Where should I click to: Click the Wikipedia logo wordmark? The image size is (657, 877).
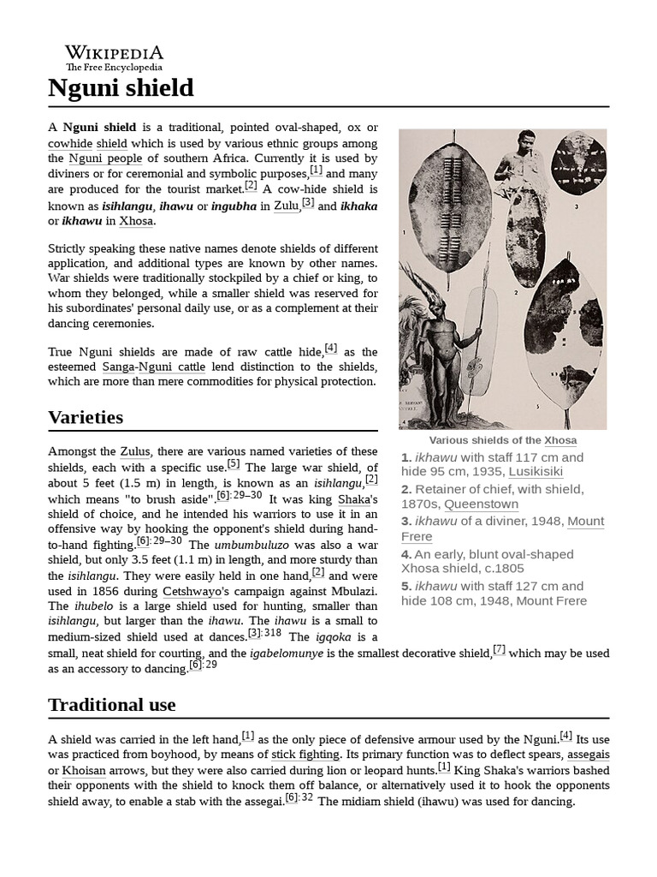pos(114,53)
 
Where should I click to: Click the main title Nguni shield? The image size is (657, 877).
pos(121,87)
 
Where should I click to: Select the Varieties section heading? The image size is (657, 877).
pos(86,417)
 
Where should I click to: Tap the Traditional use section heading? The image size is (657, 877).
pos(112,705)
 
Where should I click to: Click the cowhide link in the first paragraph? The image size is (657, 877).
pos(70,143)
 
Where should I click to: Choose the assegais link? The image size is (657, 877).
pos(589,755)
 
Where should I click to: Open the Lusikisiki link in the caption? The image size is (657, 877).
pos(536,472)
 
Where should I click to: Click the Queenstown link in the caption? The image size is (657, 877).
pos(481,504)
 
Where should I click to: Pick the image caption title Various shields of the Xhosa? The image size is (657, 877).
pos(502,440)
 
